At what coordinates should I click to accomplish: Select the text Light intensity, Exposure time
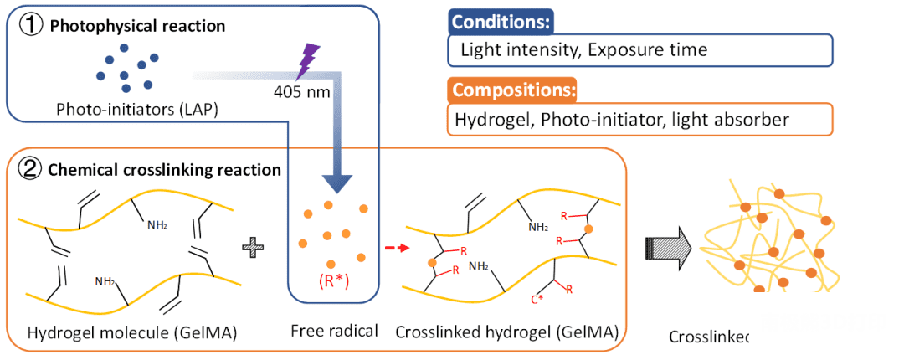(583, 50)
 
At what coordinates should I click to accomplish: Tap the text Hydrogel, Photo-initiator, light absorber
(621, 120)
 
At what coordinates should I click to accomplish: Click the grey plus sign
(252, 247)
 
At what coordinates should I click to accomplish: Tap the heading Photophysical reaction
(137, 26)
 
